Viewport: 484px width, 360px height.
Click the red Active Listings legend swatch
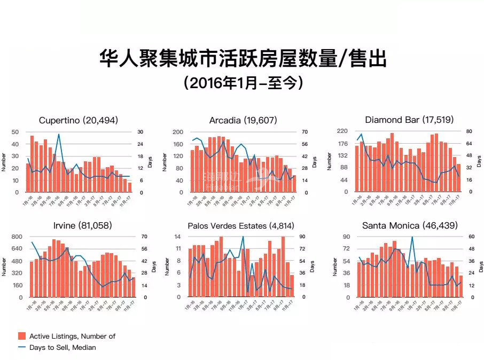click(x=22, y=336)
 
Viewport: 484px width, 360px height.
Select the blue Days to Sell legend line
click(x=22, y=347)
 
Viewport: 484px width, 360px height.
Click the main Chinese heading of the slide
click(x=242, y=58)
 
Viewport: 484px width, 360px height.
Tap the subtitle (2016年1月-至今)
click(x=242, y=83)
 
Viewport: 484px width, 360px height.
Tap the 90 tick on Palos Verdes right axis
click(x=302, y=237)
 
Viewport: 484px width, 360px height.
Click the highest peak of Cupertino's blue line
click(x=59, y=134)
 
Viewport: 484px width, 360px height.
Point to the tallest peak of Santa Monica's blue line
click(x=412, y=237)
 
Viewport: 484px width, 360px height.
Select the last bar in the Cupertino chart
click(x=129, y=187)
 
